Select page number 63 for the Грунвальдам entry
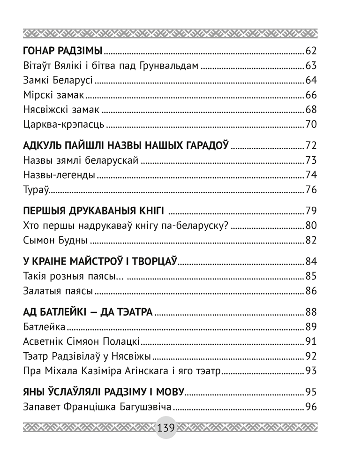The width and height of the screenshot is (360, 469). [x=311, y=66]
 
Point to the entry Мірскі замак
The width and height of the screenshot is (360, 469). [x=53, y=95]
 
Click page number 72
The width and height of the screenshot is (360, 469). [x=311, y=145]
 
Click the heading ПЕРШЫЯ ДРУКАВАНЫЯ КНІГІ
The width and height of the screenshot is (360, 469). [x=92, y=210]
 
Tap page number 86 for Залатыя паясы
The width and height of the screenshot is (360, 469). [x=311, y=291]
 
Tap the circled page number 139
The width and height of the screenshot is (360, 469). [x=166, y=428]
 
